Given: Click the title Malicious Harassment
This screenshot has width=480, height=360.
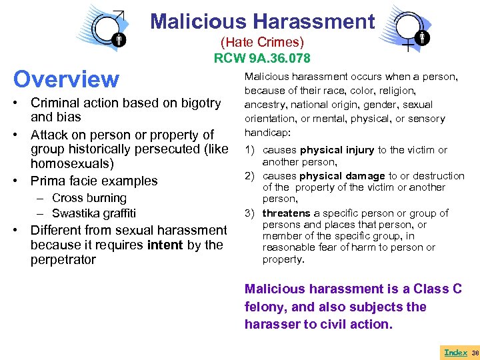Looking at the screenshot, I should pos(263,21).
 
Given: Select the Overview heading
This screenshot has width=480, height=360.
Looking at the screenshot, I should pos(66,79).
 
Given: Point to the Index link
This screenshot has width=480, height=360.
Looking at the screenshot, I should pos(455,352).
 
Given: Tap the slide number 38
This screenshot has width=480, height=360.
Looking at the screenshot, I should pos(475,352).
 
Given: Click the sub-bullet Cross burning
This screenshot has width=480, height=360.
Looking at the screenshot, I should pos(89,198).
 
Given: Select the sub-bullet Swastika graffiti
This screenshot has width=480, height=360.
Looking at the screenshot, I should pos(93,213).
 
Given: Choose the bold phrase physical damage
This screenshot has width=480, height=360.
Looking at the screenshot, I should pos(342,176).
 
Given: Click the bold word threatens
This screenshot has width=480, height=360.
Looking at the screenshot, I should pos(286,213).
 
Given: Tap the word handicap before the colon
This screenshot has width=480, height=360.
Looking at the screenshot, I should pos(265,133).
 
